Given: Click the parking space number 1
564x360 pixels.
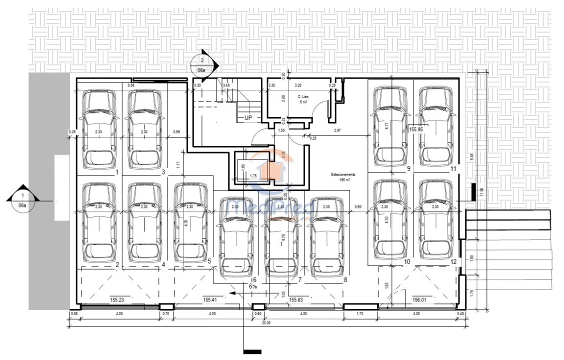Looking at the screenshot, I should click(116, 172).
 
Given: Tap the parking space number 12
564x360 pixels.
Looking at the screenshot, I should click(453, 261).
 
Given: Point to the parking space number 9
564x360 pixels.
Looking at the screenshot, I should click(408, 169).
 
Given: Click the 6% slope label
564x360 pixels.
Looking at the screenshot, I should click(252, 287).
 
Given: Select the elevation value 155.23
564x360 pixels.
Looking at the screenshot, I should click(117, 300).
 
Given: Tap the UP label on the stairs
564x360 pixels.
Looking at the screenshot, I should click(248, 118).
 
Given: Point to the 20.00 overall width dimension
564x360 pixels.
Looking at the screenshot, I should click(266, 323).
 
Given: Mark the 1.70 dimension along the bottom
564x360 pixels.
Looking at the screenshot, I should click(359, 314).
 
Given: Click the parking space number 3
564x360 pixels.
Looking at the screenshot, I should click(163, 172).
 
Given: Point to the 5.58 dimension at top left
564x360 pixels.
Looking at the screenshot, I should click(131, 86).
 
